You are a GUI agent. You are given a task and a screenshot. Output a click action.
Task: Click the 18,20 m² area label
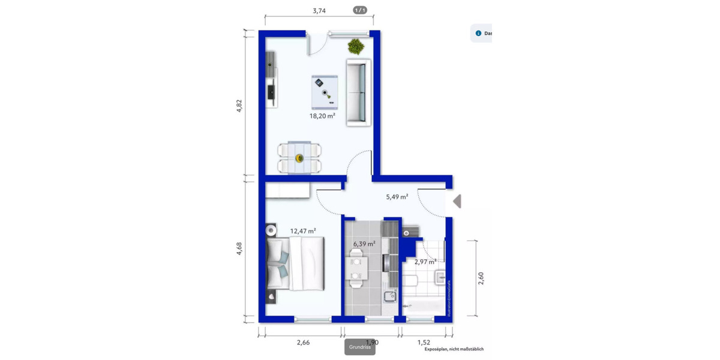(x=322, y=116)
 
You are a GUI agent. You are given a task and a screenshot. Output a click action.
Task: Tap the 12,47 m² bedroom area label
(x=303, y=230)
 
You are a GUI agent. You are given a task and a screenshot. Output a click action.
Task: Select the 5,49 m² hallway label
(x=397, y=196)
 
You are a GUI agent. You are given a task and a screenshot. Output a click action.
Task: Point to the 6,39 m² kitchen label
(x=364, y=244)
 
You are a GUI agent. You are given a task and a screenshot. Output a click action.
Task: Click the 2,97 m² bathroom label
(x=425, y=262)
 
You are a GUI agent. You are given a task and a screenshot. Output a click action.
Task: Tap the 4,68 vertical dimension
(x=239, y=248)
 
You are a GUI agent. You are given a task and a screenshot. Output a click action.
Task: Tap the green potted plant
(x=355, y=46)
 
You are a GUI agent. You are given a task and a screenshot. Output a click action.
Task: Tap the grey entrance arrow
(x=457, y=201)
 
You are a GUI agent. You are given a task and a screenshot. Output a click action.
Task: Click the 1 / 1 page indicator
(x=360, y=10)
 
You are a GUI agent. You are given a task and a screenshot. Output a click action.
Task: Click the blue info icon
(x=478, y=34)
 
